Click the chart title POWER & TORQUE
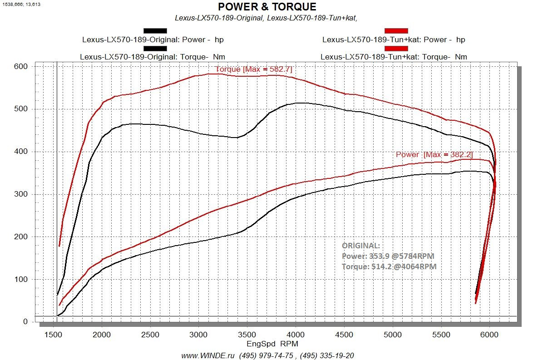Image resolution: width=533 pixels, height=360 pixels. (x=267, y=7)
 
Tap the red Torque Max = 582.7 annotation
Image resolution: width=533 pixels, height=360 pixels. (x=253, y=69)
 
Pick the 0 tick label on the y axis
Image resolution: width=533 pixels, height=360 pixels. (x=25, y=322)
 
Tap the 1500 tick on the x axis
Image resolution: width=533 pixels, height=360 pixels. (x=54, y=335)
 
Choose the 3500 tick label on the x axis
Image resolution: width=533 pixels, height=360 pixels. (x=247, y=335)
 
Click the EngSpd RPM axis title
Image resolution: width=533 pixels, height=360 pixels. (x=272, y=344)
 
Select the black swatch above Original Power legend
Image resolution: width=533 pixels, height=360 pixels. (x=155, y=31)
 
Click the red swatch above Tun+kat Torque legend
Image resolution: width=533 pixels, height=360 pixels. (x=396, y=48)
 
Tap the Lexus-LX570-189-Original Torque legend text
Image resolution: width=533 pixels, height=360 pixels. (x=153, y=57)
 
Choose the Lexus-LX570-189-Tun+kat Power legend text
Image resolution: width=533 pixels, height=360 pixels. (x=394, y=39)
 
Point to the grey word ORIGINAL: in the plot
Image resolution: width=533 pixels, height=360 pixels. (x=361, y=246)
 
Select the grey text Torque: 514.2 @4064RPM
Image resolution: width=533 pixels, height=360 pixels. (x=389, y=267)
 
